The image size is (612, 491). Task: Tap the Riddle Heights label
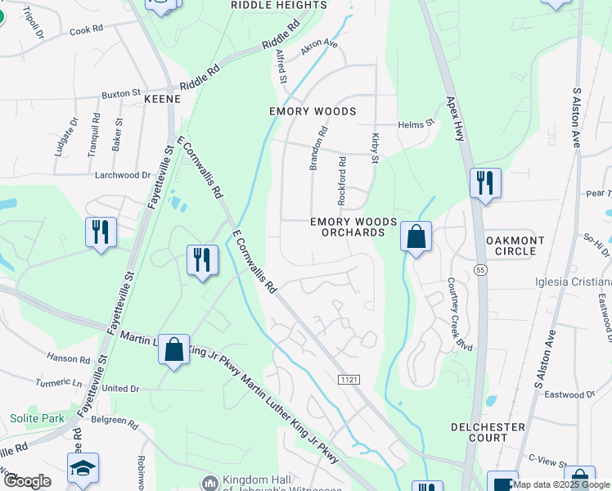279,5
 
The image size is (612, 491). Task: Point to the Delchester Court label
488,432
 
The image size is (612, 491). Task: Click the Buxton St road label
121,94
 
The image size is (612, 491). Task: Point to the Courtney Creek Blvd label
460,314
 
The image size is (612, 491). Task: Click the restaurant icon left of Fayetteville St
101,232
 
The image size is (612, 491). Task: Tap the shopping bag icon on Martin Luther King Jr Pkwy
173,349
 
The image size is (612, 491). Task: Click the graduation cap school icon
83,468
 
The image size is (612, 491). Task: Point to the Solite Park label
37,418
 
